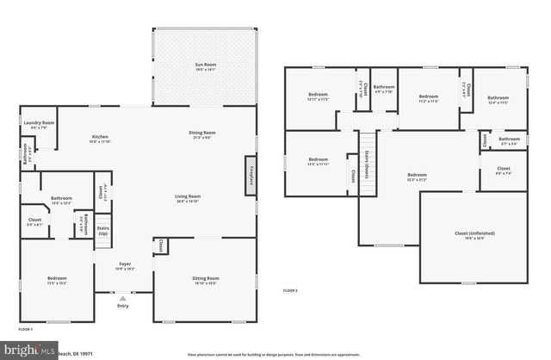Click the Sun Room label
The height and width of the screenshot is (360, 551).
(205, 67)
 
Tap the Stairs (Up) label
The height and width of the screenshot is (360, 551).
(103, 232)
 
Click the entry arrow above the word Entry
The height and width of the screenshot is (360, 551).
(121, 298)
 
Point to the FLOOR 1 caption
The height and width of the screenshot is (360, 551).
(25, 330)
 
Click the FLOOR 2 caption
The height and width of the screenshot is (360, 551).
(290, 291)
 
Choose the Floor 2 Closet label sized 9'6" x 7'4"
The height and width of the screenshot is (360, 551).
(504, 171)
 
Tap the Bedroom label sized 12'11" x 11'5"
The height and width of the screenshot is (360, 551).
(319, 97)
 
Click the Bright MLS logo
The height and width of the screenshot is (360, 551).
(26, 351)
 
